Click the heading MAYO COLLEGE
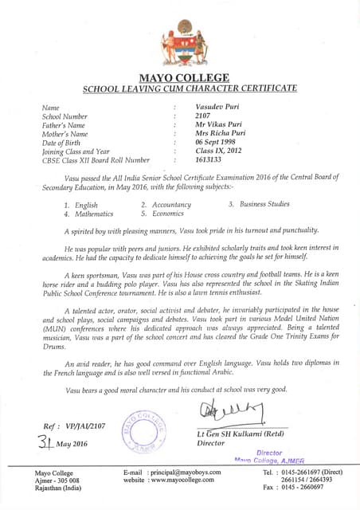pyautogui.click(x=184, y=77)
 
